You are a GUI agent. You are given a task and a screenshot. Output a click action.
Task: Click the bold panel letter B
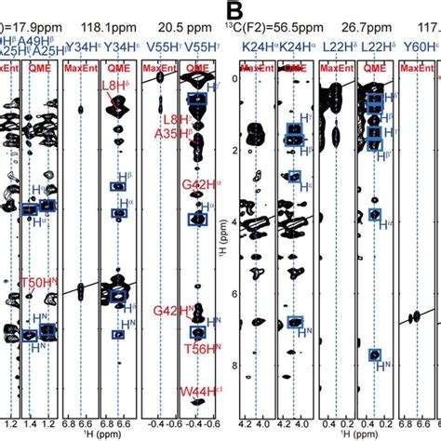pos(235,12)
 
